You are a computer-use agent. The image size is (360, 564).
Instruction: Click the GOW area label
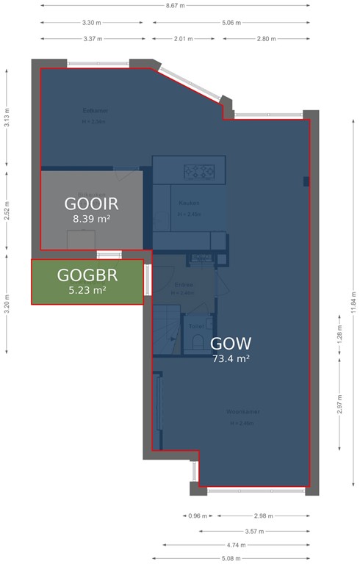click(x=231, y=343)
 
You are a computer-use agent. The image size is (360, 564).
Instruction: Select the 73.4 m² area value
click(x=231, y=359)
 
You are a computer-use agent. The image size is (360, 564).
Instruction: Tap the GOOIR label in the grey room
click(x=92, y=203)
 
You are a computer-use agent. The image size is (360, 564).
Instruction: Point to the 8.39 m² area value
click(x=92, y=219)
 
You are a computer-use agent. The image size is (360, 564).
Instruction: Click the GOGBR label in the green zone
click(x=87, y=275)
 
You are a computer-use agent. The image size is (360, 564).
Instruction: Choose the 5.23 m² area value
click(x=87, y=290)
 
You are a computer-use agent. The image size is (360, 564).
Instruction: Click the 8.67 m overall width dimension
click(x=176, y=4)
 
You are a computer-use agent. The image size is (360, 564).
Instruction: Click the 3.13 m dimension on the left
click(x=7, y=118)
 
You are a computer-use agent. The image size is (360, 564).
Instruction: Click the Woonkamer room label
click(x=243, y=412)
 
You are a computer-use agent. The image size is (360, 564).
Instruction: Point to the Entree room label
click(x=184, y=284)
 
